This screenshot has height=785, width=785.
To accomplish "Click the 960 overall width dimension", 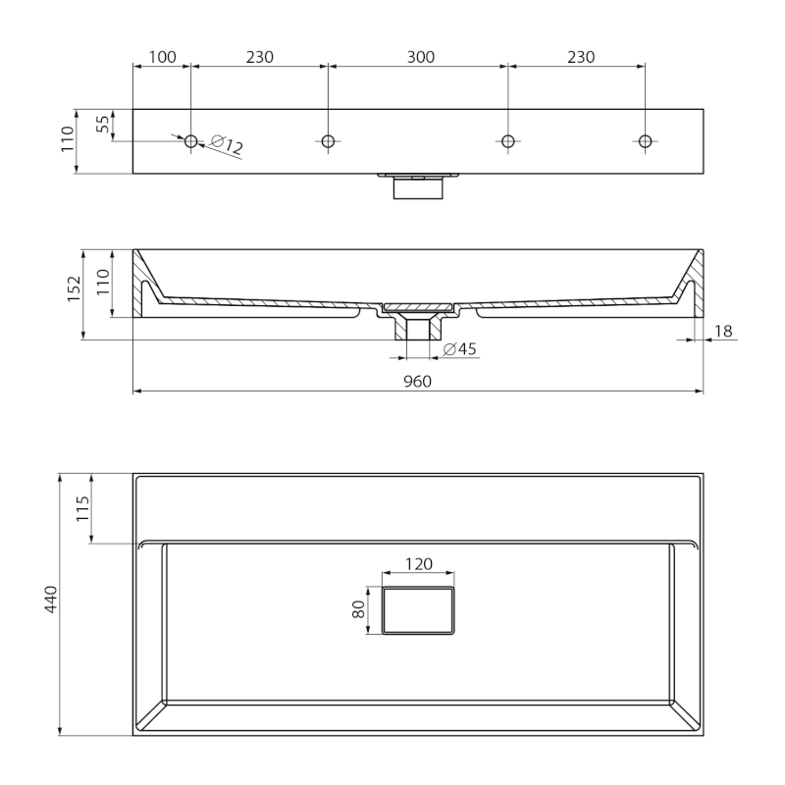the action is pyautogui.click(x=418, y=382).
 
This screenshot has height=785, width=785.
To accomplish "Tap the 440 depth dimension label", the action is pyautogui.click(x=52, y=599).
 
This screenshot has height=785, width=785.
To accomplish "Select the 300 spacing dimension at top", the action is pyautogui.click(x=421, y=57).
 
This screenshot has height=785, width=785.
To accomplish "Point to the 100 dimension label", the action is pyautogui.click(x=163, y=57).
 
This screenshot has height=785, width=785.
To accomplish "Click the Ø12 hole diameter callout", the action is pyautogui.click(x=227, y=144).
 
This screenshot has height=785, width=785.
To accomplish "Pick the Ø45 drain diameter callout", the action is pyautogui.click(x=460, y=348).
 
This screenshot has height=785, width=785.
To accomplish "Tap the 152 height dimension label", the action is pyautogui.click(x=75, y=288).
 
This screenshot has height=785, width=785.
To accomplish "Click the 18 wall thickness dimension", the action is pyautogui.click(x=723, y=331).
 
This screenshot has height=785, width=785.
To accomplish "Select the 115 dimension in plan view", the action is pyautogui.click(x=83, y=508).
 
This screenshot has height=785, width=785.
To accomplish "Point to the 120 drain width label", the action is pyautogui.click(x=419, y=564).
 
